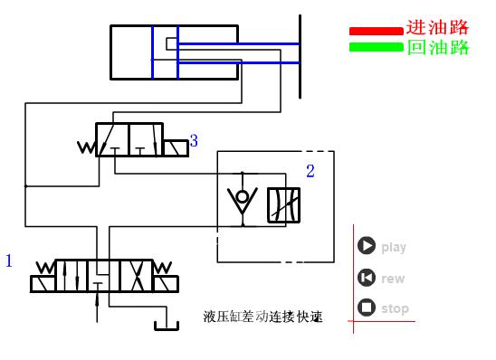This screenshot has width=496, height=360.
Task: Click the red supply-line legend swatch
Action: tap(376, 32)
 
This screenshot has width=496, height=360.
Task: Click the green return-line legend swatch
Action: tap(376, 46)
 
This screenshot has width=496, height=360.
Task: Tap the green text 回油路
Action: tap(438, 47)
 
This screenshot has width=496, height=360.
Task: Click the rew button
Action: tap(367, 279)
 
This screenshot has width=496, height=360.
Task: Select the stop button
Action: tap(367, 308)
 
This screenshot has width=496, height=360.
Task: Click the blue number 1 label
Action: tap(9, 261)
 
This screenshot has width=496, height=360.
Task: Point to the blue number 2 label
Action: tap(310, 171)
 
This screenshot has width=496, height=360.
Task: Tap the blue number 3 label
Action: tap(194, 141)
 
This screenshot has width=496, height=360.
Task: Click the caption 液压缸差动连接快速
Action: tap(263, 317)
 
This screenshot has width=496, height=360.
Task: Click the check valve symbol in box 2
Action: tap(242, 201)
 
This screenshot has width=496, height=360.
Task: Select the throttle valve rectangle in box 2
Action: tap(283, 206)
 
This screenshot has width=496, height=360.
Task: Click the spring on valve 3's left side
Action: tap(88, 147)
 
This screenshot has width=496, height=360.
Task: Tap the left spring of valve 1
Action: tap(43, 269)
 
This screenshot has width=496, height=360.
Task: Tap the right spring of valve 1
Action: tap(163, 269)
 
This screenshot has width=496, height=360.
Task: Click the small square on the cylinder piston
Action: tap(171, 43)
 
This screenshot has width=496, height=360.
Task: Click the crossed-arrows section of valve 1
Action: tap(136, 275)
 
